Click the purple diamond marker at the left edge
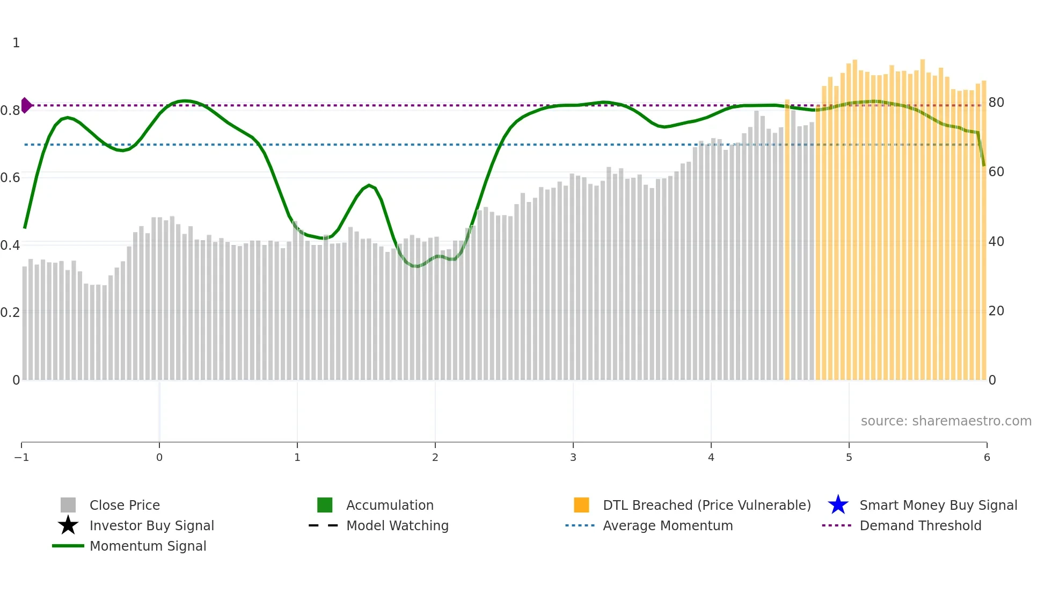pos(26,105)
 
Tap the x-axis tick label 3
pos(573,458)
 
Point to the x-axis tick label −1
pos(21,458)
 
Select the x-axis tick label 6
pos(987,458)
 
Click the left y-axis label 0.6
pos(10,178)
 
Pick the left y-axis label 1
pos(16,43)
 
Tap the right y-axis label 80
pos(996,103)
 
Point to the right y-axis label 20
pos(996,311)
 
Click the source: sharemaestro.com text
pos(946,421)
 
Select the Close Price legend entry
pos(125,506)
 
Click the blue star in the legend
pos(838,505)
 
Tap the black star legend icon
pos(68,525)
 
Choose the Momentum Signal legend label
pos(148,546)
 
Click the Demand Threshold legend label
pos(920,526)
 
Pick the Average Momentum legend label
pos(668,526)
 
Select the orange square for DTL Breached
pos(581,505)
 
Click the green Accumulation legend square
pos(325,505)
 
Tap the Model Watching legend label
pos(397,526)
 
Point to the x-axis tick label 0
pos(159,458)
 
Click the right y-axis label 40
pos(996,242)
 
